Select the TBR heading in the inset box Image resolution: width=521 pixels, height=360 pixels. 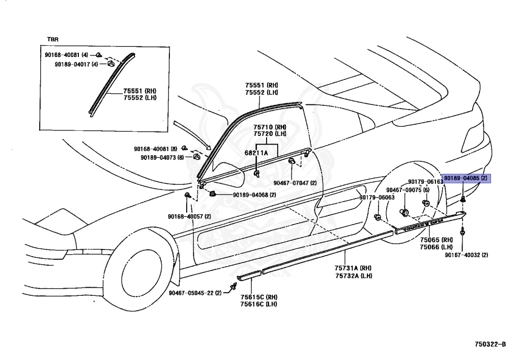[53, 39]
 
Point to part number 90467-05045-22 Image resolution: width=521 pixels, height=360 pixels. [195, 293]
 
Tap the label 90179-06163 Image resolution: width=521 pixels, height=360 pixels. [425, 182]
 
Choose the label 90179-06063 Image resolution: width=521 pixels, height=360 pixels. [377, 198]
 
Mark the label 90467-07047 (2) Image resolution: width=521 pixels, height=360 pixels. [295, 183]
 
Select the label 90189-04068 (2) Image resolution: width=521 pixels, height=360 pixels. [254, 195]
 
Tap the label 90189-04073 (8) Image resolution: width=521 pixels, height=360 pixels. [162, 157]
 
